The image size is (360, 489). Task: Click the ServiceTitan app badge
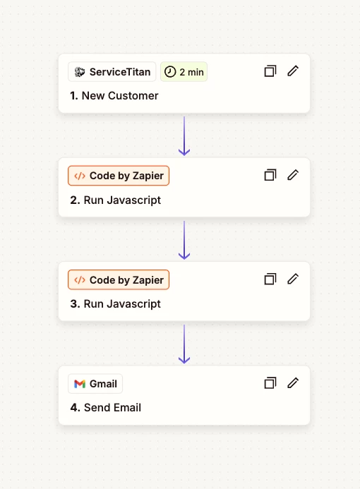(112, 72)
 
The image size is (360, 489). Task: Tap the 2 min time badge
(184, 72)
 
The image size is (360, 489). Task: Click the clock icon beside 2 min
(170, 72)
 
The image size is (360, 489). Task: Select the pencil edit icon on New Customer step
(293, 71)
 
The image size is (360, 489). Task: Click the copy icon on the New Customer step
(270, 71)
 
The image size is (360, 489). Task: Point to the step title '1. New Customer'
(114, 96)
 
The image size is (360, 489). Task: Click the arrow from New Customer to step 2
(184, 136)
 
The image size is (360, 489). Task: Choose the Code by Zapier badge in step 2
(119, 176)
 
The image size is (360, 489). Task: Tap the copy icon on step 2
(270, 175)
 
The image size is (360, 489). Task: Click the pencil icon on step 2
(293, 175)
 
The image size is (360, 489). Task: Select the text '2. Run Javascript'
(116, 200)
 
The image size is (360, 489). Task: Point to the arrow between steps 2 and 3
(184, 240)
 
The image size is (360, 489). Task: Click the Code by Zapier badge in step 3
(119, 279)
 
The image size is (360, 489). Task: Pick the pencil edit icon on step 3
(293, 279)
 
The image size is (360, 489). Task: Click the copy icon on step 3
(270, 279)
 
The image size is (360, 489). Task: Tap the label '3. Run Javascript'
(116, 304)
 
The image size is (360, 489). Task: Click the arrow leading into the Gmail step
(184, 344)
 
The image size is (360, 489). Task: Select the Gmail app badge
(95, 384)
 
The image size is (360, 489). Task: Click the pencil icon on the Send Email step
(293, 383)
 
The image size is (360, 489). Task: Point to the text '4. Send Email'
(106, 408)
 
